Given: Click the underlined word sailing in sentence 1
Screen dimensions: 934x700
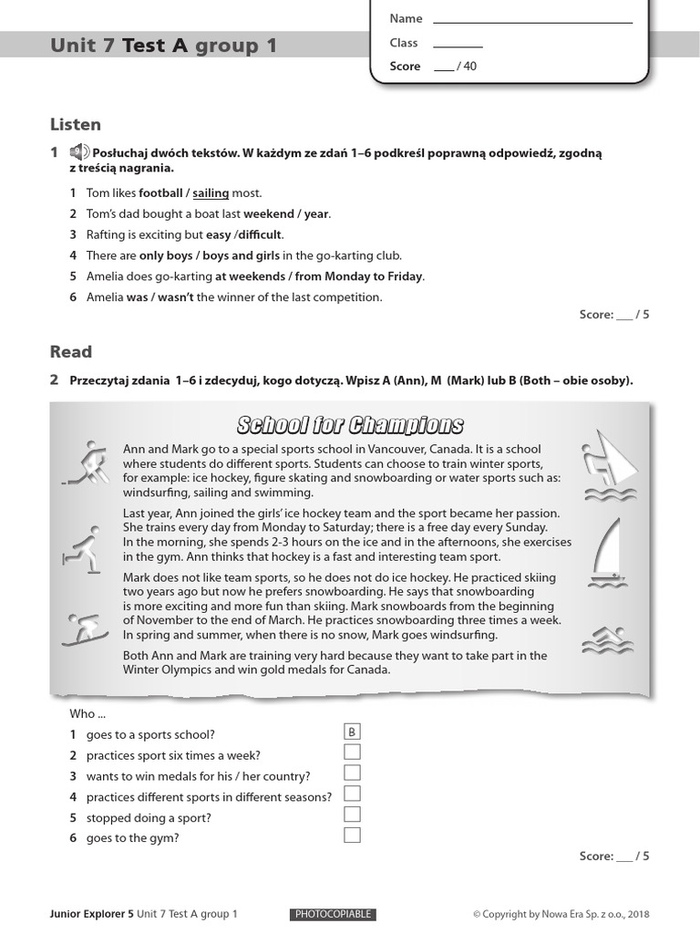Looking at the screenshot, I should coord(210,193).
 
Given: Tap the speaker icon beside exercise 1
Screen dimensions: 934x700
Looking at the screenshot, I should coord(79,152).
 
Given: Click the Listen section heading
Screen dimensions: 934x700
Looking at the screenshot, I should coord(76,124).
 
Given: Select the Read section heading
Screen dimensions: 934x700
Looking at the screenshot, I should coord(71,351).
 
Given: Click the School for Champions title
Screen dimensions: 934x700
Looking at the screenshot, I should coord(350,425).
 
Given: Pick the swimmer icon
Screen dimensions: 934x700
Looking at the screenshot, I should coord(604,641).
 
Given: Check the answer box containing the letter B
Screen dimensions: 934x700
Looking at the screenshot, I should coord(352,732).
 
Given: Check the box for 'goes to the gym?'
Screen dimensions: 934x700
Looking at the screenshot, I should coord(352,835).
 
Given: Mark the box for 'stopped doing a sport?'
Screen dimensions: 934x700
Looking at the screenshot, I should coord(352,815).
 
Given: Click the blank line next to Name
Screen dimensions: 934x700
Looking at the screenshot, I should coord(532,20).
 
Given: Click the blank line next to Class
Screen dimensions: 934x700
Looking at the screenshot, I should coord(458,44).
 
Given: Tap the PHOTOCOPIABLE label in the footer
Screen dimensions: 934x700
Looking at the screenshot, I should coord(333,914).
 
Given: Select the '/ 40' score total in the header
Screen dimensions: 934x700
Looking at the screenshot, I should coord(466,67).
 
